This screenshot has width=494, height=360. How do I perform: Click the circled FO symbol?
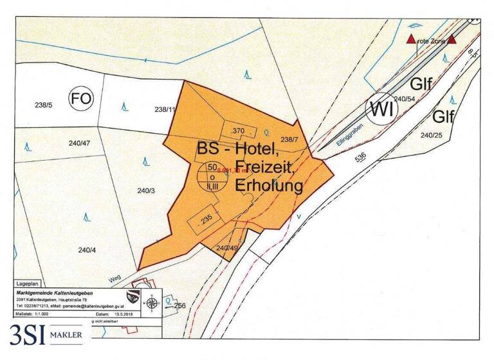pyautogui.click(x=82, y=99)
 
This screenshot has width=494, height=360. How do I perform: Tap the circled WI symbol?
pyautogui.click(x=381, y=110)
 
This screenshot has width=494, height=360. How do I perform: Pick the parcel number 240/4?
pyautogui.click(x=88, y=250)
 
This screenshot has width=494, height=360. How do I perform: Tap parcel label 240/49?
pyautogui.click(x=228, y=248)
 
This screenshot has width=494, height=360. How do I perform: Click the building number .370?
pyautogui.click(x=237, y=130)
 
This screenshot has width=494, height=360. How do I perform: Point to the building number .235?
pyautogui.click(x=206, y=219)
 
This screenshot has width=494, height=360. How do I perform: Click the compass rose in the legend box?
pyautogui.click(x=151, y=303)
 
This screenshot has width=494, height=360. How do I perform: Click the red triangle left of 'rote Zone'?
pyautogui.click(x=411, y=40)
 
